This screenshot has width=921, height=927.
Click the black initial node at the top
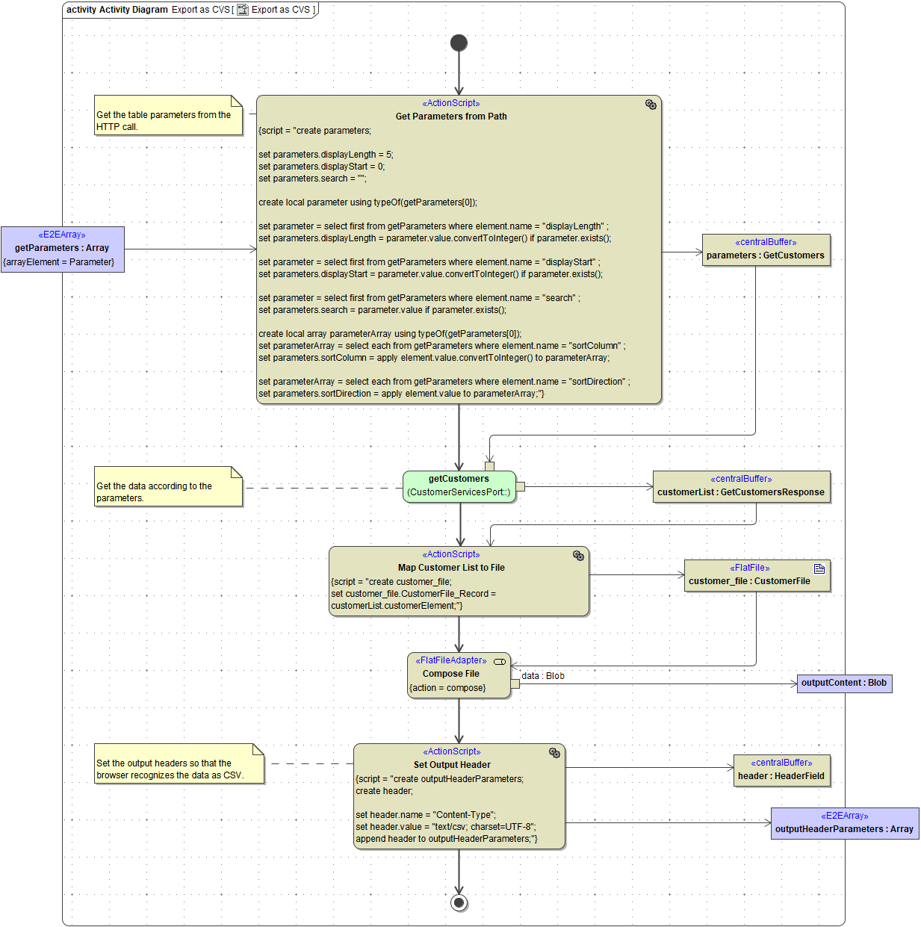(459, 43)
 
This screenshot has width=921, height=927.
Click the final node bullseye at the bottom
(459, 902)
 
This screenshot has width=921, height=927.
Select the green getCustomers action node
(459, 486)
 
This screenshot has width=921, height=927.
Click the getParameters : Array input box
(63, 249)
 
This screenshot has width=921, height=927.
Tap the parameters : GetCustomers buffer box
(766, 249)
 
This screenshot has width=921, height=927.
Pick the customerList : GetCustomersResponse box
(741, 486)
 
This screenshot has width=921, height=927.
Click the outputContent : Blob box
(844, 683)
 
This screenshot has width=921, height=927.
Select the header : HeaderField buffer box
(781, 770)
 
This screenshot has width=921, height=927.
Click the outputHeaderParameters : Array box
(844, 823)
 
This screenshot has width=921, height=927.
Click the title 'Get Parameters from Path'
(451, 117)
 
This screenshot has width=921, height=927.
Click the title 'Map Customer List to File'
(451, 568)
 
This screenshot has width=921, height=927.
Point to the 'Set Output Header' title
(452, 765)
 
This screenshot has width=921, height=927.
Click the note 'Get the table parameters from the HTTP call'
(168, 116)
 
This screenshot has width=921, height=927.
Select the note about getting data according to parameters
(168, 487)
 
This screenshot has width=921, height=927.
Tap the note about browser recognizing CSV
(179, 764)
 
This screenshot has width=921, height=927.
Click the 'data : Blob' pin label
(543, 676)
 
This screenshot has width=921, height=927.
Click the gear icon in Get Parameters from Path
(651, 105)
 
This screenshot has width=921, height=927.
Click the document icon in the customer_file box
(819, 568)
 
